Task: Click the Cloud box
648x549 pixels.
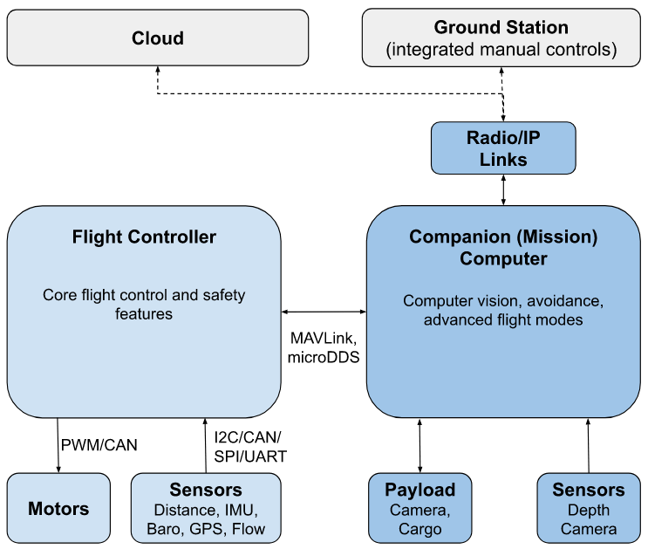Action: tap(158, 38)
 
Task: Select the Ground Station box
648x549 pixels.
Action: tap(501, 38)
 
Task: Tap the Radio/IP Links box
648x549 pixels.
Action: tap(503, 148)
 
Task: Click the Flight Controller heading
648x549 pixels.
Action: tap(144, 237)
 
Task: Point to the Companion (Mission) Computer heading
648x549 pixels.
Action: tap(503, 247)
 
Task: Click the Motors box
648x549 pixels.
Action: tap(58, 508)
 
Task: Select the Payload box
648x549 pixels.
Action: tap(419, 508)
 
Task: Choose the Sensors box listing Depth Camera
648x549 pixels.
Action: tap(588, 508)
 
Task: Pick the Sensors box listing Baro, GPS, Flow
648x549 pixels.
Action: tap(206, 508)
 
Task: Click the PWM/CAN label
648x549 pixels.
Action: tap(99, 445)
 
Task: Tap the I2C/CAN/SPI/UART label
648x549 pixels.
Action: tap(249, 447)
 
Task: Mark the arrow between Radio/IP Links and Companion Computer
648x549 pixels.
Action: tap(503, 189)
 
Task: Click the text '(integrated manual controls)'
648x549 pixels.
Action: tap(501, 50)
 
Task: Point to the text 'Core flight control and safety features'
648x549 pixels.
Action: tap(144, 304)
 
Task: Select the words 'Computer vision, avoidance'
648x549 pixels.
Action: tap(503, 300)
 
